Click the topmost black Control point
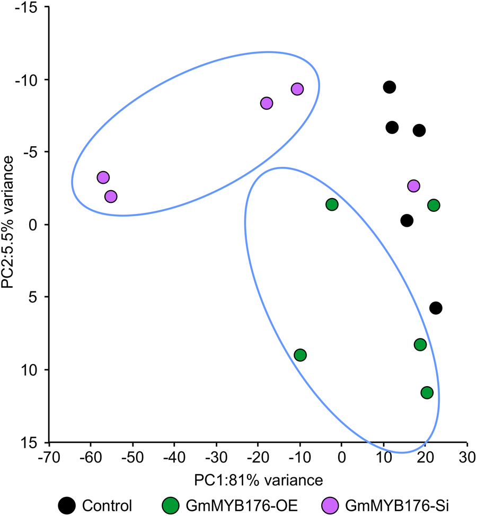click(390, 87)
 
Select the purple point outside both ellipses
click(413, 186)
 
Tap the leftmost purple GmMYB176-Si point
click(103, 177)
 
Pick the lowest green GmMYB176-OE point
click(427, 393)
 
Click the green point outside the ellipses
click(434, 205)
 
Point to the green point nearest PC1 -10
click(300, 355)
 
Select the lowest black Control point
click(436, 308)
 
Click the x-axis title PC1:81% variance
click(257, 480)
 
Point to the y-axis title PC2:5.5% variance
click(9, 224)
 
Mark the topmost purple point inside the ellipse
click(297, 89)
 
